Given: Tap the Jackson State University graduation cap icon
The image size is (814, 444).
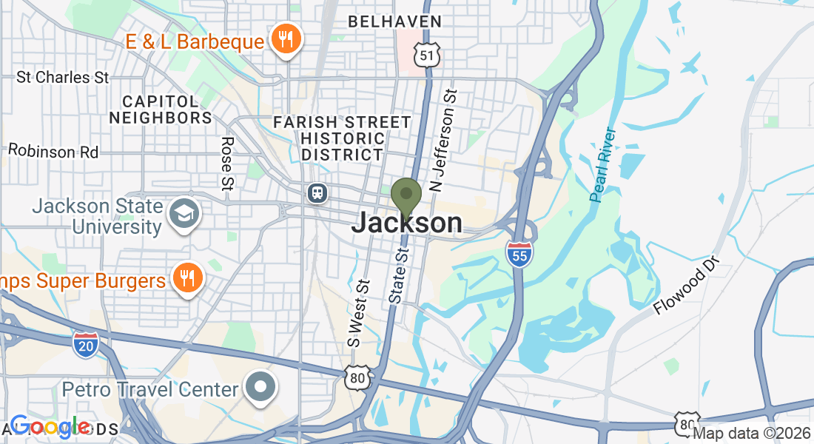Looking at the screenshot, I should tap(183, 214).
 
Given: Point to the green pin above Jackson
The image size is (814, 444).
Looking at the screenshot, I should tap(406, 196).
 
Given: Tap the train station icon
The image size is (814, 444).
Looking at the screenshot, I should tap(317, 193).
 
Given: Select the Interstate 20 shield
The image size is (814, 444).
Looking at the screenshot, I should tap(86, 344).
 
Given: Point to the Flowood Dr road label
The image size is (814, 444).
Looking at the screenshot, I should tap(686, 286).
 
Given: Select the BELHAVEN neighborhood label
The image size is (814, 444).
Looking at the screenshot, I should tap(395, 21).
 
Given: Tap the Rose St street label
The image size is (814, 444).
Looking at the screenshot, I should tap(227, 161).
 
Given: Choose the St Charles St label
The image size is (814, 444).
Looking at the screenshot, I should tap(63, 77).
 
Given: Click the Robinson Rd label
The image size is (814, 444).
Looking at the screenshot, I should tap(53, 151).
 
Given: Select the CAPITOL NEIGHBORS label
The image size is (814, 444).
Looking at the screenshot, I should tap(161, 109).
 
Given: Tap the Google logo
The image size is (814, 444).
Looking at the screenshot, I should tap(50, 426).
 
